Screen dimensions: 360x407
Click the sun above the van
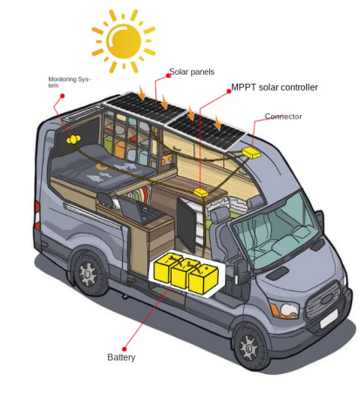pyautogui.click(x=124, y=41)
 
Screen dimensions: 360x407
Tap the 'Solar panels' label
pyautogui.click(x=192, y=71)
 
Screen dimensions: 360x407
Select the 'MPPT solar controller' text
pyautogui.click(x=275, y=87)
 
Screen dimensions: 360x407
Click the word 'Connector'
pyautogui.click(x=283, y=117)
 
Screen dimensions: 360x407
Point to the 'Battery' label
pyautogui.click(x=121, y=357)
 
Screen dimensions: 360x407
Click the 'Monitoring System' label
pyautogui.click(x=69, y=82)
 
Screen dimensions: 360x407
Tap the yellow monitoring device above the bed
pyautogui.click(x=74, y=139)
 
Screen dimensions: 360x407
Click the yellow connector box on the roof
pyautogui.click(x=252, y=153)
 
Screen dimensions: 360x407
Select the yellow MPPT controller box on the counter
pyautogui.click(x=201, y=192)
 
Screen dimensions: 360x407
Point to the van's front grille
pyautogui.click(x=323, y=301)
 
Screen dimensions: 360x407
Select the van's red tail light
pyautogui.click(x=37, y=215)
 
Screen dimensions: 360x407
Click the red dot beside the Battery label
pyautogui.click(x=125, y=349)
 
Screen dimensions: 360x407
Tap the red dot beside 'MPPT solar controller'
pyautogui.click(x=228, y=91)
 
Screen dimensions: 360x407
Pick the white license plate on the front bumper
pyautogui.click(x=329, y=319)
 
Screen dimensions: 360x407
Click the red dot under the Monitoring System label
pyautogui.click(x=62, y=96)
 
